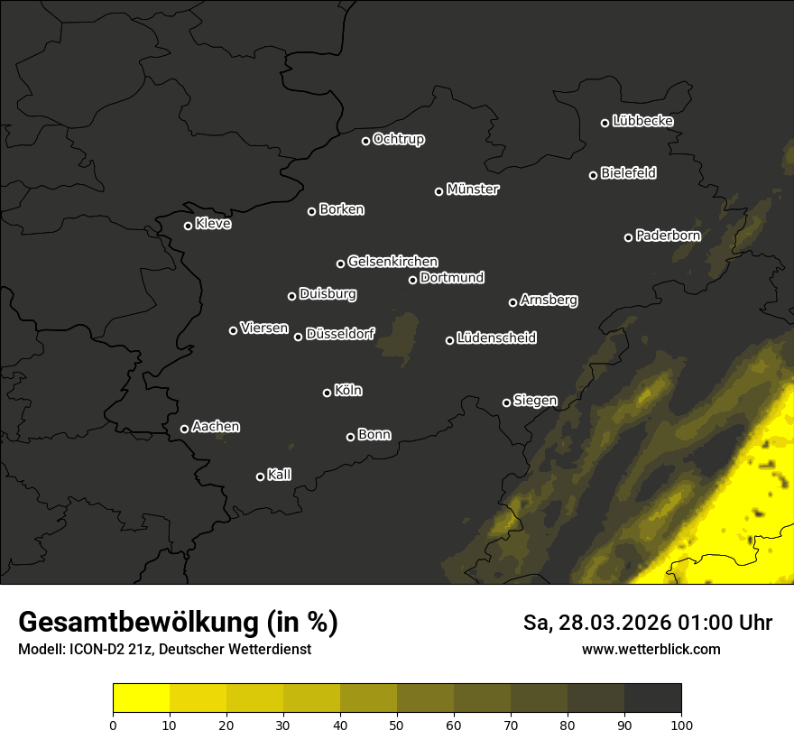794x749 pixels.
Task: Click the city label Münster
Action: [x=473, y=190]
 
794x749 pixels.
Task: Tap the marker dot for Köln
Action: [x=327, y=393]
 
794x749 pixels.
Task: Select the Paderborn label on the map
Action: [x=668, y=236]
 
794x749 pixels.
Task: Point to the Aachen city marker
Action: [x=184, y=429]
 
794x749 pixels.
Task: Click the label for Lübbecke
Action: [x=642, y=121]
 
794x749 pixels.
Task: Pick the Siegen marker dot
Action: [x=506, y=402]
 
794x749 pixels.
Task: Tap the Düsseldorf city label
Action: [x=340, y=334]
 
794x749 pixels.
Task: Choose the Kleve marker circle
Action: [x=188, y=226]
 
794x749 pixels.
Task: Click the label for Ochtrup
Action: [x=398, y=139]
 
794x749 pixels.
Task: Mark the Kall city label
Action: [x=279, y=475]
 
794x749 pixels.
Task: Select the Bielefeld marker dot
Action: [x=593, y=175]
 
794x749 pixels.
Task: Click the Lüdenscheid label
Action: [x=496, y=338]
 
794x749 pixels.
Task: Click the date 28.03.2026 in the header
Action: [x=614, y=623]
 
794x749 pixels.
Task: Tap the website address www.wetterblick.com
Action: [x=651, y=649]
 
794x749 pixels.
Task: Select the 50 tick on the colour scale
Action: [x=397, y=724]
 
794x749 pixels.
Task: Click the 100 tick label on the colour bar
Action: [x=680, y=724]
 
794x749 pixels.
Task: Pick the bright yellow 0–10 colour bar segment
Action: [x=142, y=698]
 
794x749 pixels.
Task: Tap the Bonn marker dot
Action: [x=350, y=437]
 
